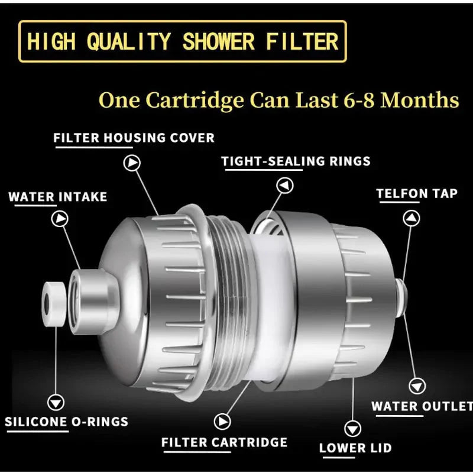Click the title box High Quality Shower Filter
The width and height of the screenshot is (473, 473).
tap(182, 41)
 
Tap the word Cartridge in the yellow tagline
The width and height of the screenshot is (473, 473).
tap(195, 100)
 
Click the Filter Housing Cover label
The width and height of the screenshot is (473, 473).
tap(134, 138)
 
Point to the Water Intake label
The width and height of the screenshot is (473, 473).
tap(57, 197)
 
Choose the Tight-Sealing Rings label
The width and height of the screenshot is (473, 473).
tap(296, 161)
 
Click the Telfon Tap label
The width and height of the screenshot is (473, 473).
tap(417, 193)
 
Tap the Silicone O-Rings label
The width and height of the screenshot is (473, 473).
tap(66, 422)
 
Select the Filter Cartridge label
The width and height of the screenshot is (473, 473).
tap(224, 442)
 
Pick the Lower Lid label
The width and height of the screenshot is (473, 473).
tap(355, 448)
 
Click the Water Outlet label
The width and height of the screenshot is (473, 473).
tap(422, 407)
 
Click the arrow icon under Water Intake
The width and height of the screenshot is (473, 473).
tap(60, 219)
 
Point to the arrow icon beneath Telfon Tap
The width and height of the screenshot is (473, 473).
tap(412, 218)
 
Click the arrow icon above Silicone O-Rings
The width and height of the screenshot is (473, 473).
tap(56, 403)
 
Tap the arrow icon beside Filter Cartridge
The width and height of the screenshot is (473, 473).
tap(222, 421)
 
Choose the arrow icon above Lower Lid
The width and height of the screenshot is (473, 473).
tap(353, 427)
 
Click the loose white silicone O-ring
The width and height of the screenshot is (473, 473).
tap(53, 303)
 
